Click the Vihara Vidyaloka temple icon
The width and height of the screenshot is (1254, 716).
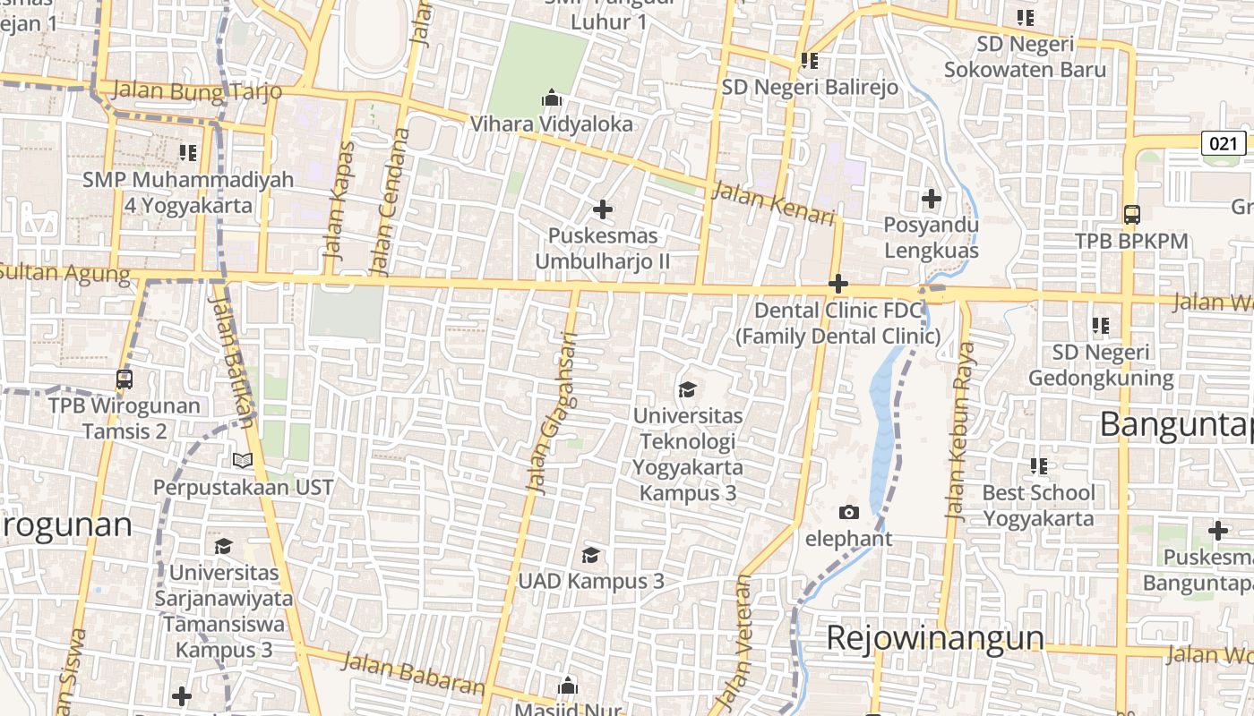tap(552, 97)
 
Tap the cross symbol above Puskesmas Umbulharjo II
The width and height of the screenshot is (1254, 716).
tap(603, 209)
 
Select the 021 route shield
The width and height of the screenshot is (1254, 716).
tap(1223, 143)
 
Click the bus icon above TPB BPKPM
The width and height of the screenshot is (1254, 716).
tap(1131, 214)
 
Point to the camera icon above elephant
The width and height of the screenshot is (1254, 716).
tap(848, 512)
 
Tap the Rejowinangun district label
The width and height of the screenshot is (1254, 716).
tap(934, 638)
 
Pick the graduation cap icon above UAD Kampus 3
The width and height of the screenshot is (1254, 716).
tap(590, 555)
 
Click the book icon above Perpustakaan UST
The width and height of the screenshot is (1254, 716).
tap(243, 460)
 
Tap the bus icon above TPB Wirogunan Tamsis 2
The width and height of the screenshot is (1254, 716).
tap(125, 379)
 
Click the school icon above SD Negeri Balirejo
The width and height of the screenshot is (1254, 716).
tap(810, 61)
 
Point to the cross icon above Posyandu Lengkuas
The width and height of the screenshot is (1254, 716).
tap(932, 198)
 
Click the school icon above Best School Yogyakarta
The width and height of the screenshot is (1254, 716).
tap(1039, 465)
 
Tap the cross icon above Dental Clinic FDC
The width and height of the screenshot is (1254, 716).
tap(838, 285)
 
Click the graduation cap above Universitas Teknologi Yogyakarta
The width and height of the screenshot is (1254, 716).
tap(687, 389)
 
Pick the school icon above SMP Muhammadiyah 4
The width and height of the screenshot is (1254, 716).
tap(187, 153)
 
